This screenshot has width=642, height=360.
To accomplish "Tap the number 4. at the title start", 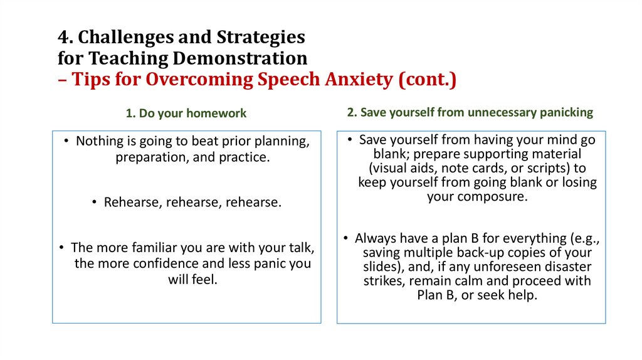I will tap(65, 38).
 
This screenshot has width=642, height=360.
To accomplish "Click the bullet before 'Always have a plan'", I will tap(347, 238).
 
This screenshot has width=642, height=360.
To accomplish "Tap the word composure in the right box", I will tap(495, 197).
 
